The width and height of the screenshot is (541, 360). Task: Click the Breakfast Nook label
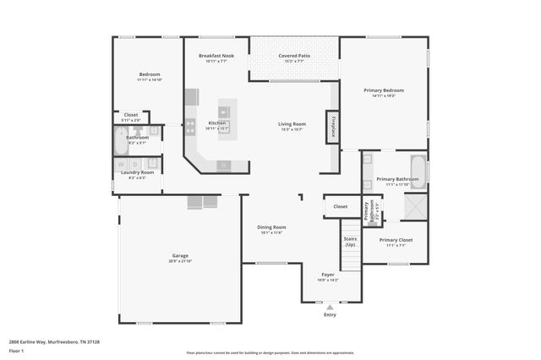(x=216, y=55)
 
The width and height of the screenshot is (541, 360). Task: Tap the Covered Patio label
(x=293, y=55)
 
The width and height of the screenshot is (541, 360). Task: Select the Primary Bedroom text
(x=384, y=90)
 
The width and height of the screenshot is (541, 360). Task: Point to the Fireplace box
(x=333, y=126)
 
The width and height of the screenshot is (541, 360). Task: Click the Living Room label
(x=292, y=124)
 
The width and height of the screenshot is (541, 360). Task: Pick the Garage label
(x=180, y=255)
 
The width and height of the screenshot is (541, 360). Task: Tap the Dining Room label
(x=271, y=226)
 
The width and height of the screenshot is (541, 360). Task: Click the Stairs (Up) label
(x=350, y=242)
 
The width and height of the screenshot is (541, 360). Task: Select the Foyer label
(x=327, y=274)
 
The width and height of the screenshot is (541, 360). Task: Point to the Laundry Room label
(x=137, y=172)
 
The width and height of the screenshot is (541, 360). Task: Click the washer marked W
(x=123, y=164)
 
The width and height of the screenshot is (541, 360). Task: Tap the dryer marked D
(x=135, y=164)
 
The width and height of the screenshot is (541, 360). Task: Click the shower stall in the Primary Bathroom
(x=416, y=207)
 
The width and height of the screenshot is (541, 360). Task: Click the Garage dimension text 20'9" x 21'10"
(x=180, y=261)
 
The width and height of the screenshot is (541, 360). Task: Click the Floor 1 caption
(x=16, y=350)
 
